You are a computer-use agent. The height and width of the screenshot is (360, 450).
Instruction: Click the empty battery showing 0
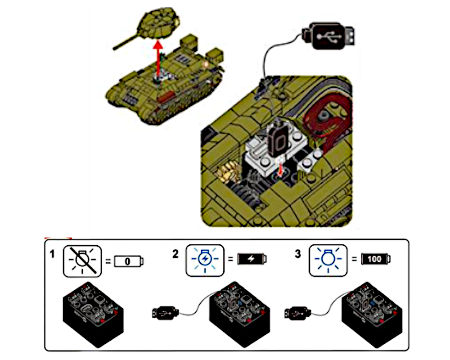pos(129,261)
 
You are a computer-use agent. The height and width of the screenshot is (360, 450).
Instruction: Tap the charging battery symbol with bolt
pos(252,259)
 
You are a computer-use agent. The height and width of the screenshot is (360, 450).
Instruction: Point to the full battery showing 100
pos(376,259)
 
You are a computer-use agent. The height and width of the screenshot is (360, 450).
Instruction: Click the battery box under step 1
pos(94,310)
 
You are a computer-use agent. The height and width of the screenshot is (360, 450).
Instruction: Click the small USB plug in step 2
pos(166,311)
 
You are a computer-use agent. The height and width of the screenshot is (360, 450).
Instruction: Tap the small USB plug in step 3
pos(299,311)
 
